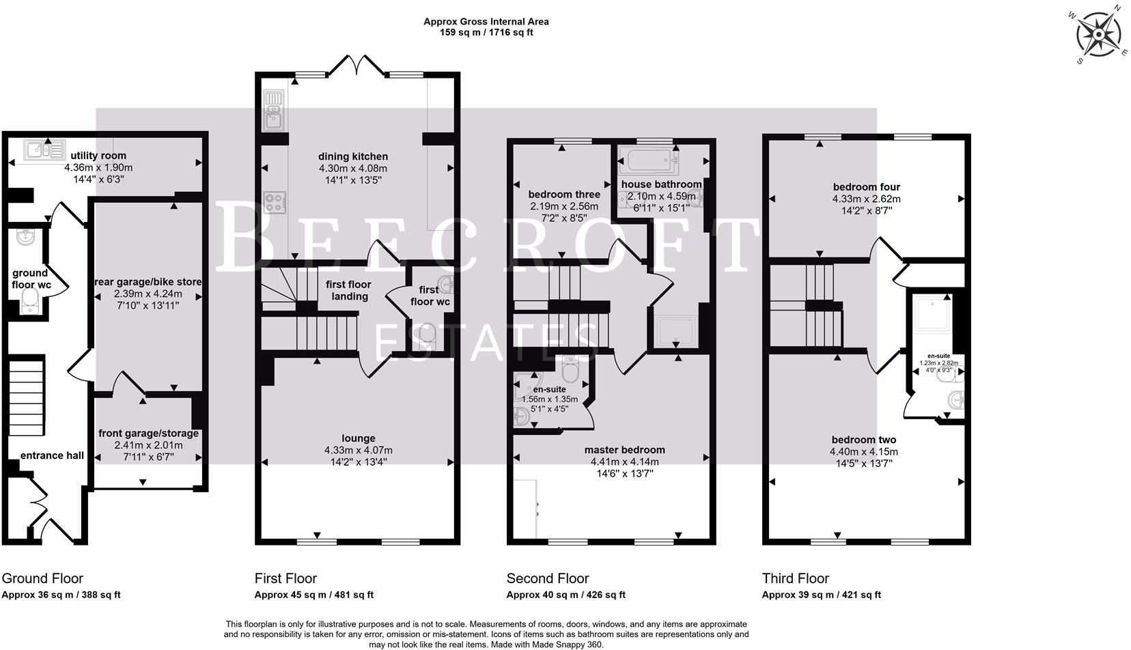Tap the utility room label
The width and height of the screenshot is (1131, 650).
[98, 156]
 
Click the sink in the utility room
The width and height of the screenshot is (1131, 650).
[44, 147]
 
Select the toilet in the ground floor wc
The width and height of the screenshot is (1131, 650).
[30, 300]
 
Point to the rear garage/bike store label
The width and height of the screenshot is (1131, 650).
[148, 281]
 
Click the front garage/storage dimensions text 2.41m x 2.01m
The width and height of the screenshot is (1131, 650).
[148, 444]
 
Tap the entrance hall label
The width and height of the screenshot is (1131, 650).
[52, 455]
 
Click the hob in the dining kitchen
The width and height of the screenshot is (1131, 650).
[275, 202]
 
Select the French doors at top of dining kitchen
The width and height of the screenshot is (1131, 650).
[357, 66]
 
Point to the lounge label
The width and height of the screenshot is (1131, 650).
[359, 438]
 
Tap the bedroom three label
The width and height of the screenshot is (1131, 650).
[564, 195]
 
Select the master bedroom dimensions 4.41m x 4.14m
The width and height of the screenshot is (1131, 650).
[624, 461]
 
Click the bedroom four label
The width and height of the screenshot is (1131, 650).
[866, 187]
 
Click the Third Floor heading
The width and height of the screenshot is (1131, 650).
[795, 578]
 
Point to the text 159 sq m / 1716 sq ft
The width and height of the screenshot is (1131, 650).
[486, 32]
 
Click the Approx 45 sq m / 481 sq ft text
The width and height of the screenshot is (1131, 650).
[313, 595]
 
